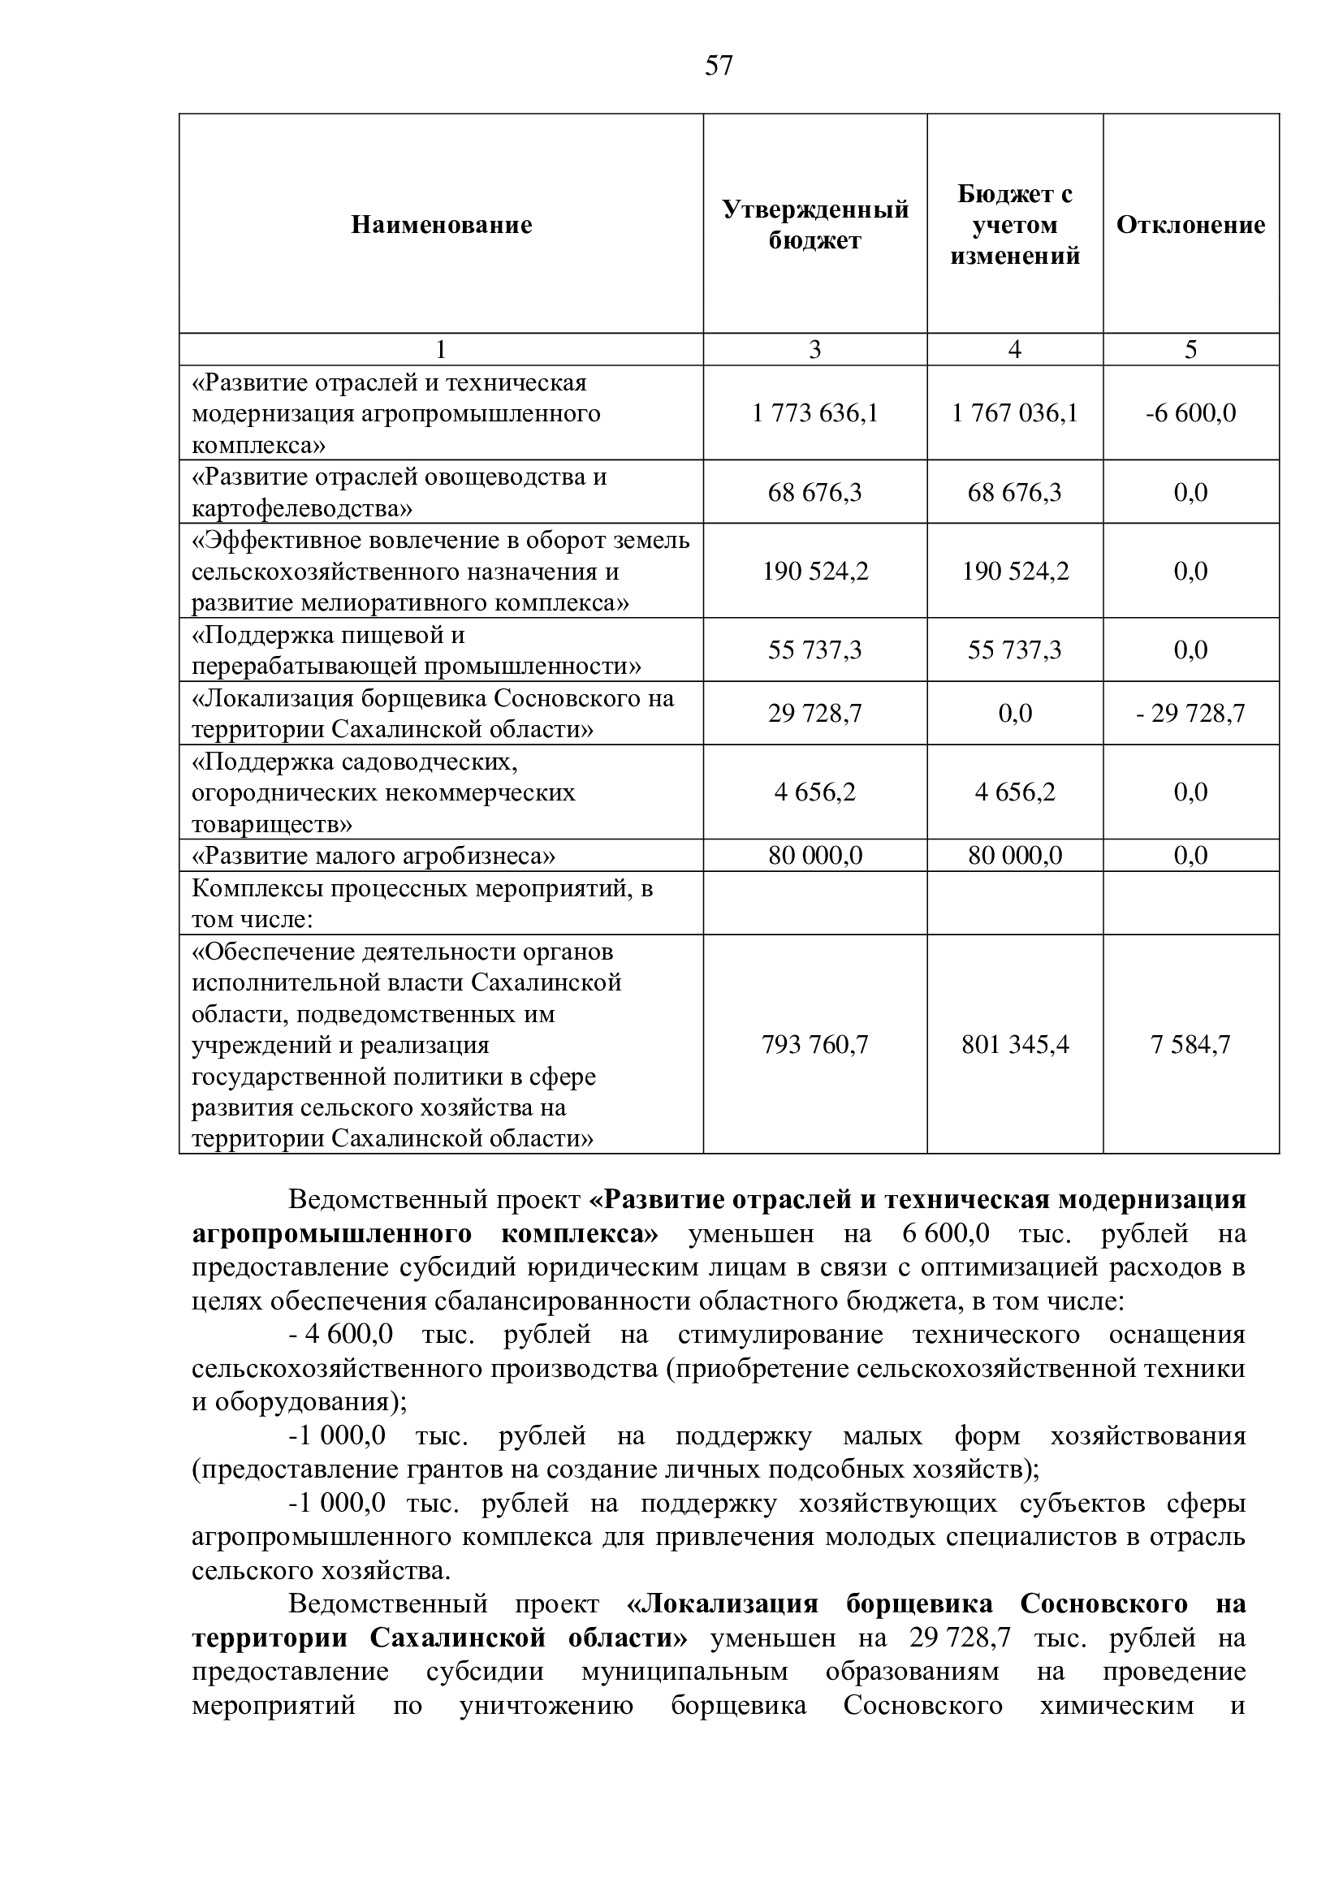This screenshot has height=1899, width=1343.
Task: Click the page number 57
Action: tap(718, 66)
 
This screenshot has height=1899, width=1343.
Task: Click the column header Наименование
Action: tap(441, 225)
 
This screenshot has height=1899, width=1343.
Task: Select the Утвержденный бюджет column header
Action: tap(814, 225)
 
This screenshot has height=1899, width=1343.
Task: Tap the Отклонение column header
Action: tap(1190, 225)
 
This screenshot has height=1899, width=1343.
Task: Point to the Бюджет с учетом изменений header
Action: tap(1015, 225)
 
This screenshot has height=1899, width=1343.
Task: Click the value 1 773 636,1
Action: tap(814, 412)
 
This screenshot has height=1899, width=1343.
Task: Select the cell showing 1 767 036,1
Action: tap(1015, 412)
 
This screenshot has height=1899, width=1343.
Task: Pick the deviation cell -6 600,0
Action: tap(1190, 412)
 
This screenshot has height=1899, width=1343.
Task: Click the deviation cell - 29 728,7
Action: tap(1190, 713)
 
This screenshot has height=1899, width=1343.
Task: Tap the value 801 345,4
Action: tap(1015, 1045)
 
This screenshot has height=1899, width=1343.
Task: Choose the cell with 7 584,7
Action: tap(1190, 1045)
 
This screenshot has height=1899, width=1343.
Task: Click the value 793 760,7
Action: tap(814, 1045)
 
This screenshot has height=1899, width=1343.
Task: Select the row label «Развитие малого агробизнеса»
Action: tap(373, 855)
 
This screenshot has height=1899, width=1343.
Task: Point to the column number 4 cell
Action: tap(1015, 350)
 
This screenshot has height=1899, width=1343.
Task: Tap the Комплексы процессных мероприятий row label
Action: tap(421, 903)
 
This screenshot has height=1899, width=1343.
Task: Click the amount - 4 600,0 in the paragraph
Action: tap(341, 1335)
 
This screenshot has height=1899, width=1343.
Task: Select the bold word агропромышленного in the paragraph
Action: tap(331, 1234)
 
